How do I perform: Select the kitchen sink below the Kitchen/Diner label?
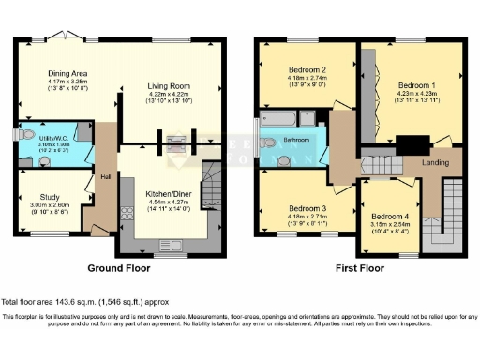point(167,245)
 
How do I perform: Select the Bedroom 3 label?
point(307,207)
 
